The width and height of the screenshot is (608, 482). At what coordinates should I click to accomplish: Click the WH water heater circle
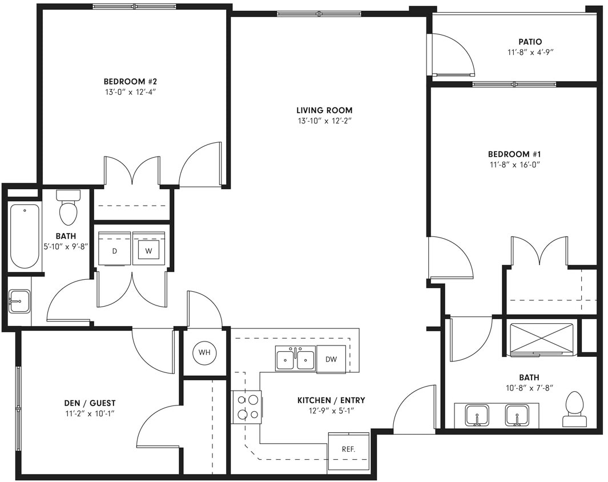pyautogui.click(x=204, y=352)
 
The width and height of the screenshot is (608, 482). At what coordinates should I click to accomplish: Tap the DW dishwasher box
pyautogui.click(x=331, y=359)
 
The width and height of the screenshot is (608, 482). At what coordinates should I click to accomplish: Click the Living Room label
pyautogui.click(x=324, y=110)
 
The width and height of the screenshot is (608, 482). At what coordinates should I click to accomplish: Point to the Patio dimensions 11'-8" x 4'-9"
pyautogui.click(x=531, y=52)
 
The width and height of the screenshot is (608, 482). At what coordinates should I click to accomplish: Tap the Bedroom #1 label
pyautogui.click(x=514, y=154)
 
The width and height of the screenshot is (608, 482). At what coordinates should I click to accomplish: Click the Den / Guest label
pyautogui.click(x=90, y=403)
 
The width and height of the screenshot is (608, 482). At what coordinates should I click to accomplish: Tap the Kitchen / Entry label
pyautogui.click(x=331, y=400)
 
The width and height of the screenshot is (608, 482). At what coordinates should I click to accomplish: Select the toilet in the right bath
pyautogui.click(x=574, y=409)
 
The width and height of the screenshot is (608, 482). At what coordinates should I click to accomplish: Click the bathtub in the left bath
pyautogui.click(x=25, y=235)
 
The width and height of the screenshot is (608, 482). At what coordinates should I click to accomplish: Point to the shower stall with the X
pyautogui.click(x=541, y=338)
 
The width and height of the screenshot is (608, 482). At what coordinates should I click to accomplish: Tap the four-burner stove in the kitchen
pyautogui.click(x=247, y=407)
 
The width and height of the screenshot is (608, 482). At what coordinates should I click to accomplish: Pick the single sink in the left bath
pyautogui.click(x=19, y=301)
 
